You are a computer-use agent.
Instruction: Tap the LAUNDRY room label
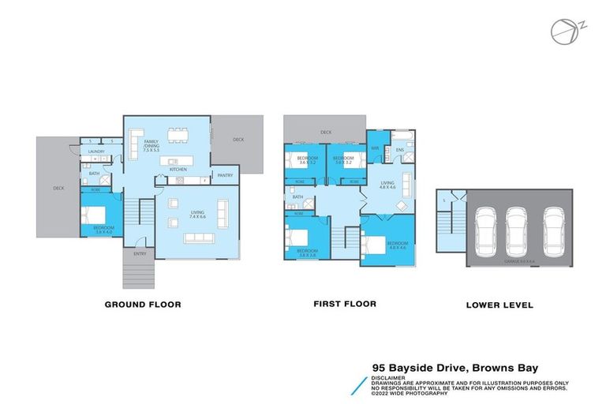tap(96, 151)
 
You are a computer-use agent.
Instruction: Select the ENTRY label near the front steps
tap(140, 253)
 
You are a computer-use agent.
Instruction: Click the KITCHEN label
tap(178, 170)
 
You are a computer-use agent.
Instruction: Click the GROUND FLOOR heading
tap(144, 304)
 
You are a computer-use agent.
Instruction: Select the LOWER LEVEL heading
tap(499, 305)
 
